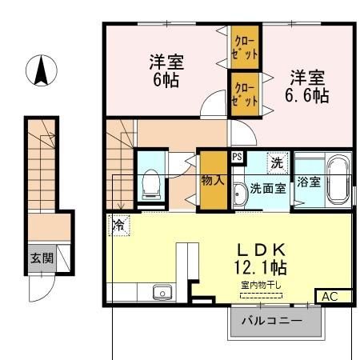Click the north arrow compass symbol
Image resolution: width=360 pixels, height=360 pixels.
40,71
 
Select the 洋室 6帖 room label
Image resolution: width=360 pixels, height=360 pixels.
166,70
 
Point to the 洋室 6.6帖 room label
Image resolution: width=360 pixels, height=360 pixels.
307,86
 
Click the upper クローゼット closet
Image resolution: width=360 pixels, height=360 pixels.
245,46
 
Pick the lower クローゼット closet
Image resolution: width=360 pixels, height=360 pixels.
245,93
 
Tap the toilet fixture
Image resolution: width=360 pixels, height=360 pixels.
150,186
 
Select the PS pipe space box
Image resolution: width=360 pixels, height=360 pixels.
237,157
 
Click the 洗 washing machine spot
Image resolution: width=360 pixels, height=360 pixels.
277,162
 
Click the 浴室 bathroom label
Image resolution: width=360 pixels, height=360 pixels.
309,182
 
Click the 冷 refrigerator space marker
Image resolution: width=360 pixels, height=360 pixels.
118,225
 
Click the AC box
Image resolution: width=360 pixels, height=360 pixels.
328,296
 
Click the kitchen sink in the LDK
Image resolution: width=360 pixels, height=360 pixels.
163,292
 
